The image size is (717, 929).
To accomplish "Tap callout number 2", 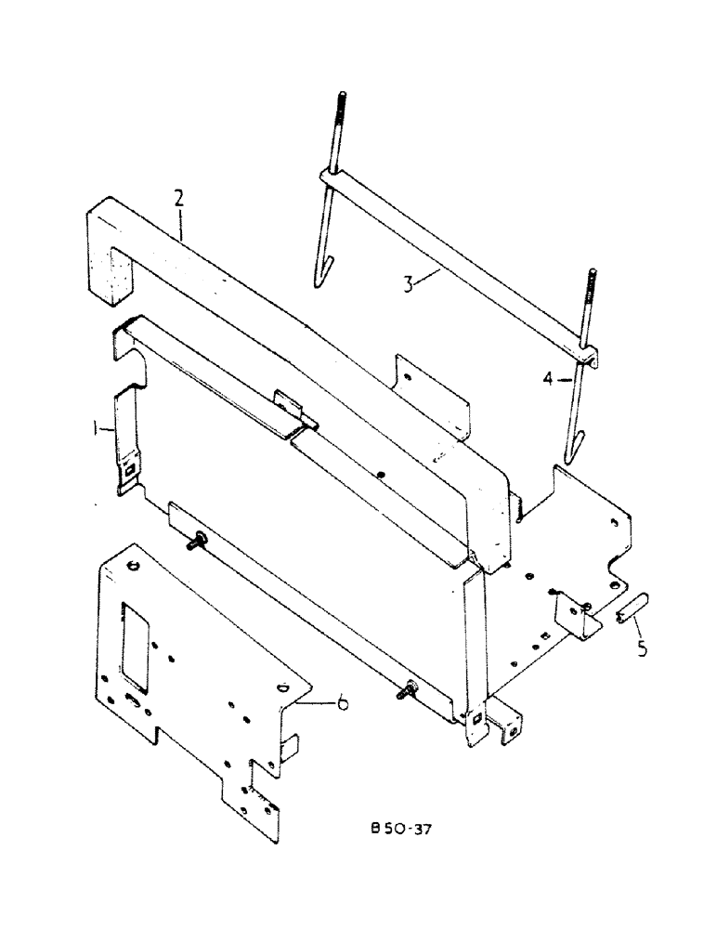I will pyautogui.click(x=178, y=198).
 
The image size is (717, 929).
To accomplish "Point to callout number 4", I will pyautogui.click(x=549, y=379).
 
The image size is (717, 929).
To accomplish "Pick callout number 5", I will pyautogui.click(x=642, y=648).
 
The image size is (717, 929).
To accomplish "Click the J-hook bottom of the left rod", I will pyautogui.click(x=318, y=275).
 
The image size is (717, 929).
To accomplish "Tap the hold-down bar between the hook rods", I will pyautogui.click(x=455, y=260).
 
